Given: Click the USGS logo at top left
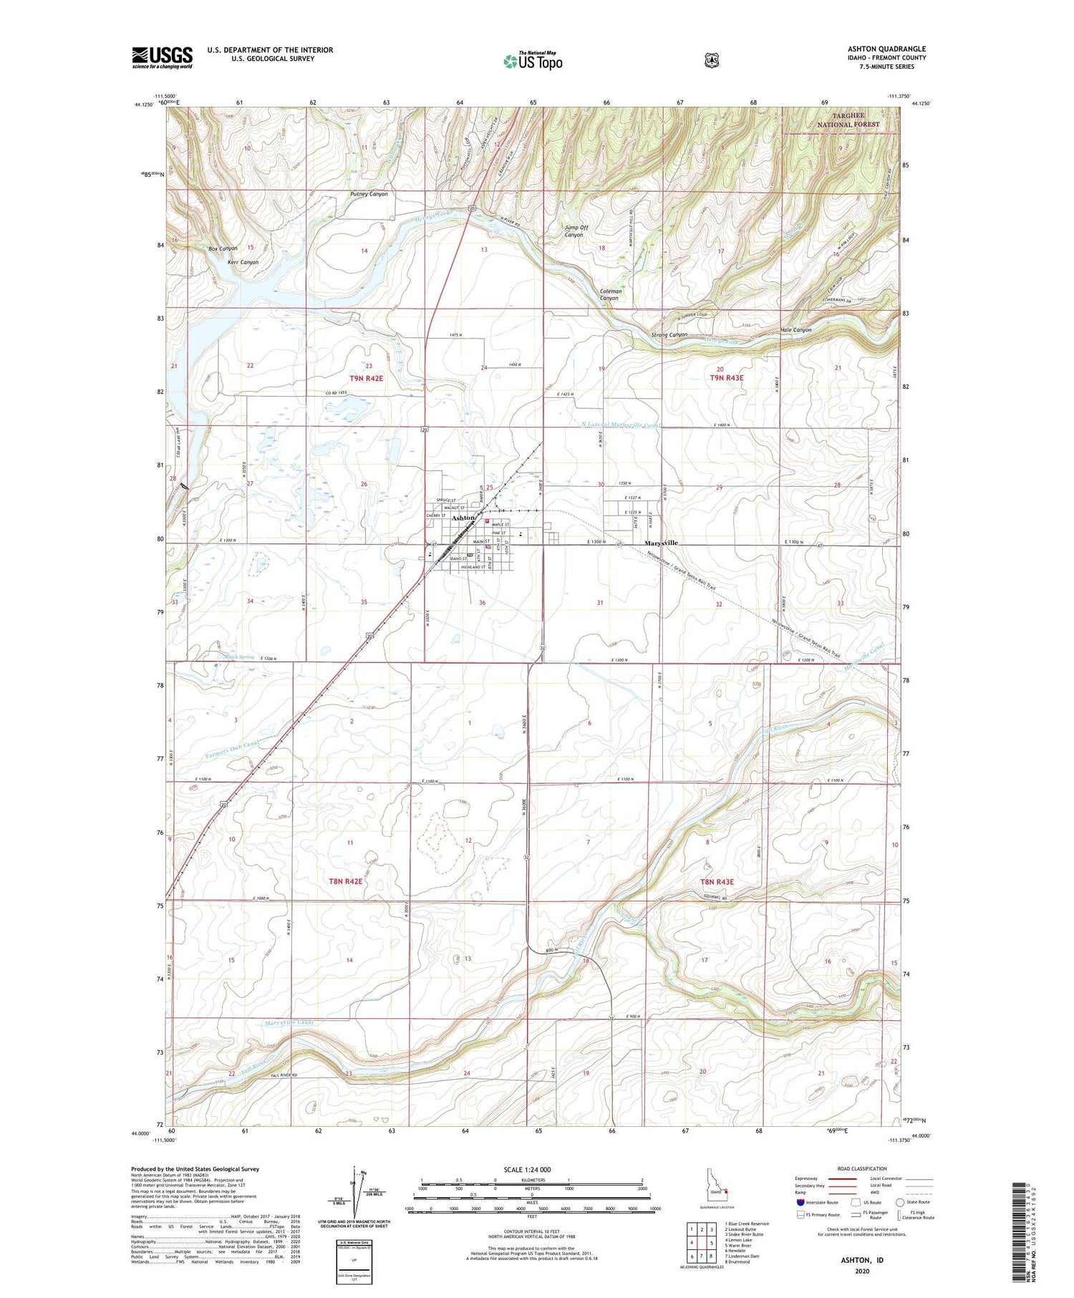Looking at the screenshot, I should click(x=162, y=57).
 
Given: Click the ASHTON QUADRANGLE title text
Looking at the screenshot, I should click(x=886, y=49).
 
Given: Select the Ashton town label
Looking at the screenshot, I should click(x=463, y=517).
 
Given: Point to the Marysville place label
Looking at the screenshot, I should click(x=661, y=543).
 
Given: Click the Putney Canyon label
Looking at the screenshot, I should click(x=369, y=194).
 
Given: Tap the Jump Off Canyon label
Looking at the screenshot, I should click(x=576, y=231).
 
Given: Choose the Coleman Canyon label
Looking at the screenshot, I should click(x=610, y=294).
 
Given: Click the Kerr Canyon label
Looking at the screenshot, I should click(x=243, y=262).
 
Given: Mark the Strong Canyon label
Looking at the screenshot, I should click(x=669, y=334).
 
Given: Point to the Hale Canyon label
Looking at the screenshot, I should click(x=795, y=330).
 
